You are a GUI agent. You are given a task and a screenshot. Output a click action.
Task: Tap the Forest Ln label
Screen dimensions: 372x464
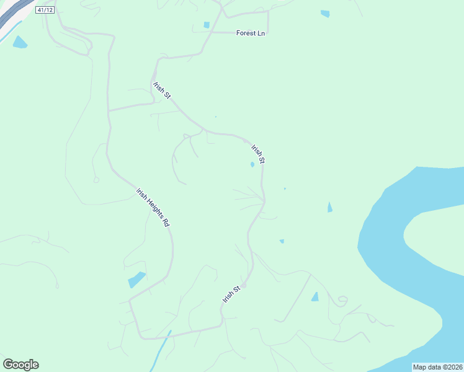(251, 33)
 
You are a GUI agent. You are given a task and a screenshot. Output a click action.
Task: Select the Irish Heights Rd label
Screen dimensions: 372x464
(153, 207)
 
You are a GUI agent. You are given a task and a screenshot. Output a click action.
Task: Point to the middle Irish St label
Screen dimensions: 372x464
(258, 154)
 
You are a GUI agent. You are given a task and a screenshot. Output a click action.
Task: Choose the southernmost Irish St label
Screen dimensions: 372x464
(231, 294)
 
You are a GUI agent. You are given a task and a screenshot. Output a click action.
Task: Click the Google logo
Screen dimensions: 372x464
(20, 365)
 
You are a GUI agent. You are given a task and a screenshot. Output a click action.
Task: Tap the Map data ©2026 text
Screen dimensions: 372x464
(437, 367)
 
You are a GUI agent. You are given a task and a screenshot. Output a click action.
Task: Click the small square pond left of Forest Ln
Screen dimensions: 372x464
(207, 25)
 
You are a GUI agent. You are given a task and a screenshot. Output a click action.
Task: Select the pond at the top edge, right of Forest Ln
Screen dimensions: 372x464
(325, 14)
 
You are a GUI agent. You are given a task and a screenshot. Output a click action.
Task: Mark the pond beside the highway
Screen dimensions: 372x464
(19, 43)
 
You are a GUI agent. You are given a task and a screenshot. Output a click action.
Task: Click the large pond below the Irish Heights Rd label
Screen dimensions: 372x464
(136, 280)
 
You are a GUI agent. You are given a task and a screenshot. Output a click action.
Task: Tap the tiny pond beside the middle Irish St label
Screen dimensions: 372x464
(252, 164)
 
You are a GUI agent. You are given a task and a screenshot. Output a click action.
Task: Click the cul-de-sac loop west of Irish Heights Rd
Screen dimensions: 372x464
(96, 180)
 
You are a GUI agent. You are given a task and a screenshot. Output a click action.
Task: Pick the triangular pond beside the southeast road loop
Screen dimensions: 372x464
(315, 297)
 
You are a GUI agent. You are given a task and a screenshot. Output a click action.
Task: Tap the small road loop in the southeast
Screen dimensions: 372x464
(341, 301)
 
